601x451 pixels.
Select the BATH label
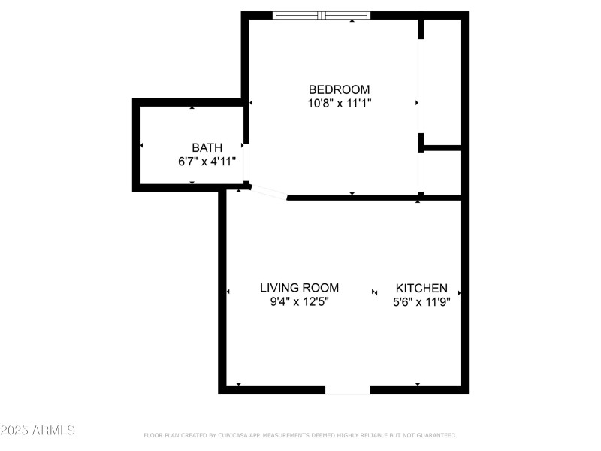(207, 147)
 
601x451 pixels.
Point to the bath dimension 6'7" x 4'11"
(207, 161)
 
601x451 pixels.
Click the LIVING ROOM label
(299, 288)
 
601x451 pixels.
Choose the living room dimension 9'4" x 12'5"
(299, 301)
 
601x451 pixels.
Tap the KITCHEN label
(421, 288)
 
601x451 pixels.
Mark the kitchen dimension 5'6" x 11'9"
(421, 301)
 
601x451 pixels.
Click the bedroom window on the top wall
(321, 15)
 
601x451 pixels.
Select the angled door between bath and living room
(268, 194)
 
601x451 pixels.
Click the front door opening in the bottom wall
(348, 389)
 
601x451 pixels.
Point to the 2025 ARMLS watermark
(38, 431)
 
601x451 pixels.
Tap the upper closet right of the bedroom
(442, 81)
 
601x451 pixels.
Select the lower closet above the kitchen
(442, 172)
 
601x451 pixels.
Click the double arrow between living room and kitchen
(375, 292)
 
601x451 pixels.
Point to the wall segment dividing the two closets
(442, 147)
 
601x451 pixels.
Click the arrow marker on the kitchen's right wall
(459, 292)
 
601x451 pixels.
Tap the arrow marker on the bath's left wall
(141, 145)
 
